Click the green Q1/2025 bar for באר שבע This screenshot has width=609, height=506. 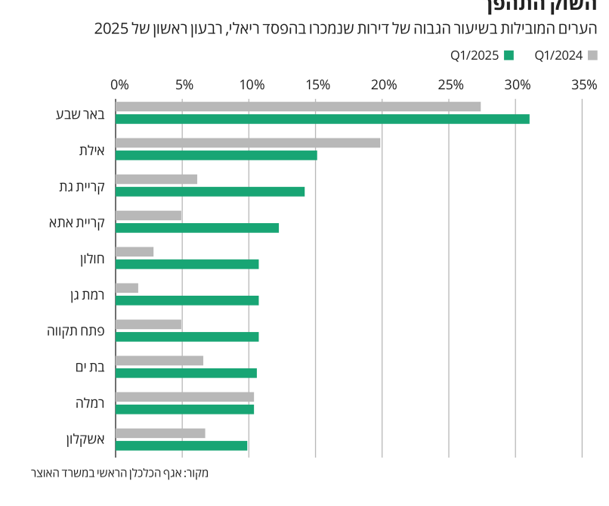323,119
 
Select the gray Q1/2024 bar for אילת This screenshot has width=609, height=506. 248,142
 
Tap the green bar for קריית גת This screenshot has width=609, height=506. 210,191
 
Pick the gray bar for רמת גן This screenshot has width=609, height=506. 127,287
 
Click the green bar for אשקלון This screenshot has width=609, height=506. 181,445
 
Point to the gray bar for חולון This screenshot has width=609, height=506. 134,251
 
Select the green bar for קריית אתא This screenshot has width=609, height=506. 197,228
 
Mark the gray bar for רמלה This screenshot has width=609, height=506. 184,396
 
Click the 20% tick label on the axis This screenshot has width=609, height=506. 384,85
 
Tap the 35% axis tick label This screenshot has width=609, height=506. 584,85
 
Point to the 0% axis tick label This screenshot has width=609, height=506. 119,85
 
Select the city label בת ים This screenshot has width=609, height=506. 90,367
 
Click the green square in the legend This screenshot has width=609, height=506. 509,54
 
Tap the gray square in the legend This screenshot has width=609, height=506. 593,54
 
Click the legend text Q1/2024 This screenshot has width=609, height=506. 558,54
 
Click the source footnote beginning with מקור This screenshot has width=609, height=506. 119,473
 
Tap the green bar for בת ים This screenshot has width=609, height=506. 186,373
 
